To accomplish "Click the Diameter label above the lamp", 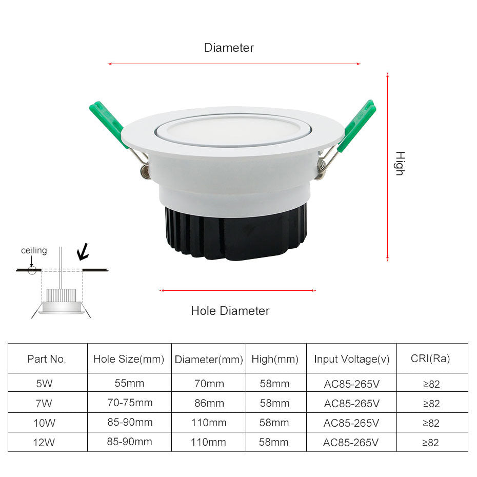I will coord(229,48).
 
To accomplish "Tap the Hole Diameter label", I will coord(230,310).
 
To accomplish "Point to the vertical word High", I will coord(400,163).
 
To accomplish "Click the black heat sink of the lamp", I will coord(236,233).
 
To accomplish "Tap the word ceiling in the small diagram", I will coord(34,250).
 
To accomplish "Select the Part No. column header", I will coord(47,359).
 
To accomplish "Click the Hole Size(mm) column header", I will coord(129,359).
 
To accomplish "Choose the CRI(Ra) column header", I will coord(430,359).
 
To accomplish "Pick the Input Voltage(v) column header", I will coord(352,359).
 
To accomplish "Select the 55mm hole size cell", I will coord(129,383).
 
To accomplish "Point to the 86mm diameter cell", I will coord(209,403).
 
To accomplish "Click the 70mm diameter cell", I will coord(209,384).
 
